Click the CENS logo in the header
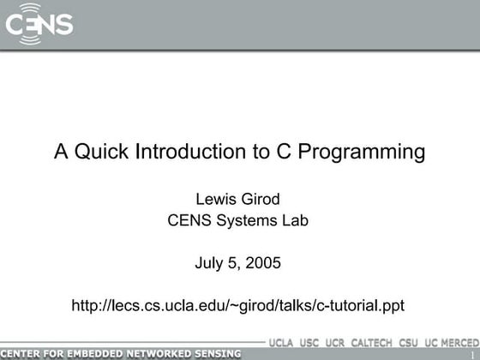coord(39,24)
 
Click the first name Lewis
coord(217,199)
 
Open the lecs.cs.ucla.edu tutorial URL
coord(238,304)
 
